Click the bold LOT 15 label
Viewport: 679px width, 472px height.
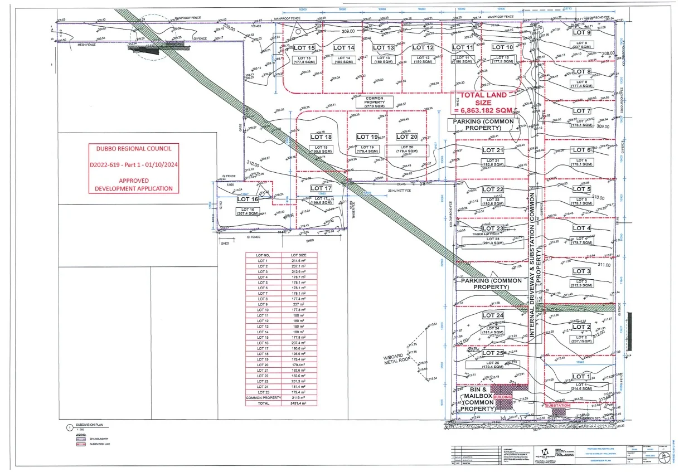[x=304, y=48]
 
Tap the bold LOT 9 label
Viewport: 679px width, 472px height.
[x=581, y=32]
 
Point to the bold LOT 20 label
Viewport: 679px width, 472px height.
[x=406, y=137]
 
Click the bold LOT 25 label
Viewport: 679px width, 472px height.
[x=492, y=353]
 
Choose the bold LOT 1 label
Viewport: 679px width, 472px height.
[x=581, y=377]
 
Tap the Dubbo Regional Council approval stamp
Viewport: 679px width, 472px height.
[x=133, y=168]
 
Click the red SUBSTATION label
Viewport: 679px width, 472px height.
[x=558, y=405]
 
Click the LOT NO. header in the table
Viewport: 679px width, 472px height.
[x=263, y=255]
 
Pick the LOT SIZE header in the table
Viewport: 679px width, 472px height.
[x=298, y=255]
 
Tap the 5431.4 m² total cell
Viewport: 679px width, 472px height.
[x=298, y=403]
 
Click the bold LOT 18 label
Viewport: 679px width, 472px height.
[x=321, y=137]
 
